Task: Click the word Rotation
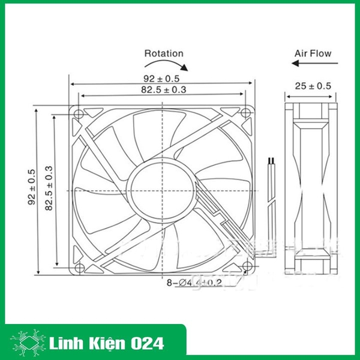click(x=163, y=53)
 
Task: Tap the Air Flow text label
click(x=313, y=53)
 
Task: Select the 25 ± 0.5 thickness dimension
click(x=313, y=86)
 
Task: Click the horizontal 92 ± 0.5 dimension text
click(x=161, y=78)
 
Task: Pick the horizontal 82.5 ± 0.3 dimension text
click(x=161, y=90)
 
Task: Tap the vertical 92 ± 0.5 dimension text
click(x=32, y=187)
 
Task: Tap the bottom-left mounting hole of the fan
click(x=79, y=265)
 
